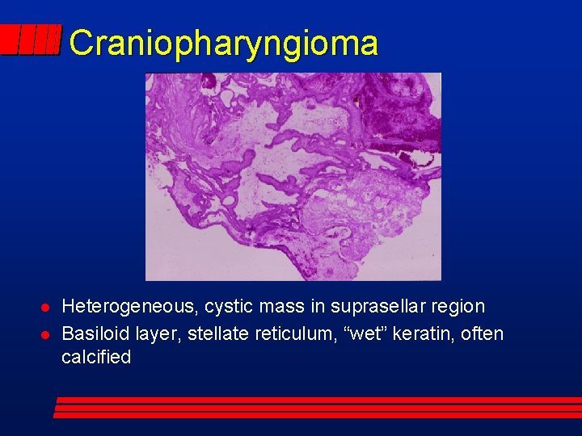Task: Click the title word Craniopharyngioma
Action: pyautogui.click(x=223, y=43)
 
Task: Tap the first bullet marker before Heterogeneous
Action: pyautogui.click(x=46, y=308)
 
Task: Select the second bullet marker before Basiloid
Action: pyautogui.click(x=46, y=334)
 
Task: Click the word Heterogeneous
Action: pyautogui.click(x=129, y=307)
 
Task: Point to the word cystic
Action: pyautogui.click(x=229, y=307)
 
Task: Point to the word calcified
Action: pyautogui.click(x=95, y=358)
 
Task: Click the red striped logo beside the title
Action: pyautogui.click(x=31, y=40)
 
